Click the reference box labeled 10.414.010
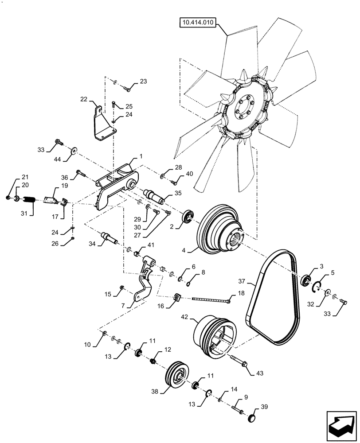(197, 23)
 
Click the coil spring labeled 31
(28, 200)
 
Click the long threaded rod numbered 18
(211, 299)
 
